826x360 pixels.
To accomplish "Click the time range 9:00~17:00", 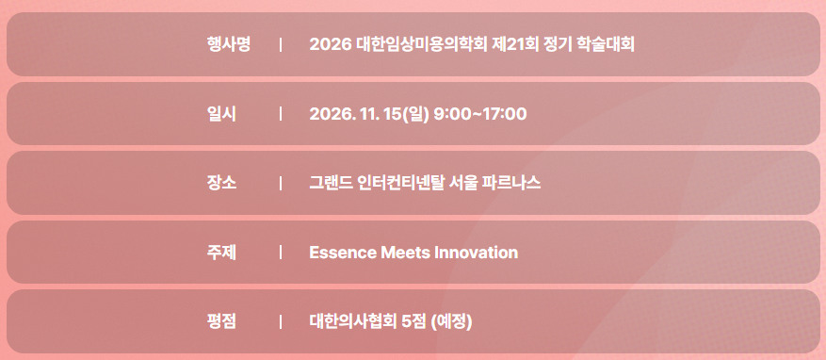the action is click(480, 114).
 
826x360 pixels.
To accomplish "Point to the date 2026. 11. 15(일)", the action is click(369, 114).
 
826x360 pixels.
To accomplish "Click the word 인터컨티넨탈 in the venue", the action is click(401, 183).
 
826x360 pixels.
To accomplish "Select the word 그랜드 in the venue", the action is click(331, 183).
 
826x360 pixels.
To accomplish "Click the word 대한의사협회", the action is click(352, 321).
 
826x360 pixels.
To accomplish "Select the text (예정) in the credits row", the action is click(451, 321).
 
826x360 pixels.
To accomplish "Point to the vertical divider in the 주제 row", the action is click(281, 253).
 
